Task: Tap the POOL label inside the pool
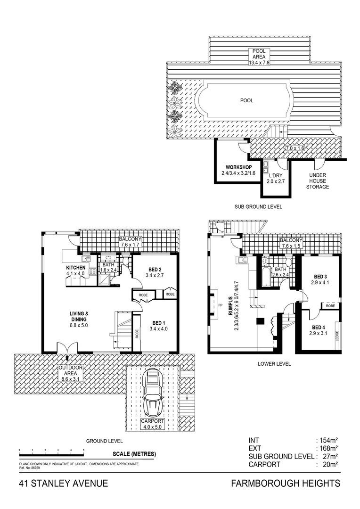pyautogui.click(x=246, y=100)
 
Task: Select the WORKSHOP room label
pyautogui.click(x=238, y=167)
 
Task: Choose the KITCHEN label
pyautogui.click(x=75, y=268)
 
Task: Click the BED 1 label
pyautogui.click(x=157, y=323)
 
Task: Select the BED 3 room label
pyautogui.click(x=320, y=276)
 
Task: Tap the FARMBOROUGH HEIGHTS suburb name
pyautogui.click(x=286, y=484)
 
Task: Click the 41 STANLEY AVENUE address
pyautogui.click(x=64, y=484)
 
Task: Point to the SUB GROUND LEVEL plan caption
pyautogui.click(x=258, y=207)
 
